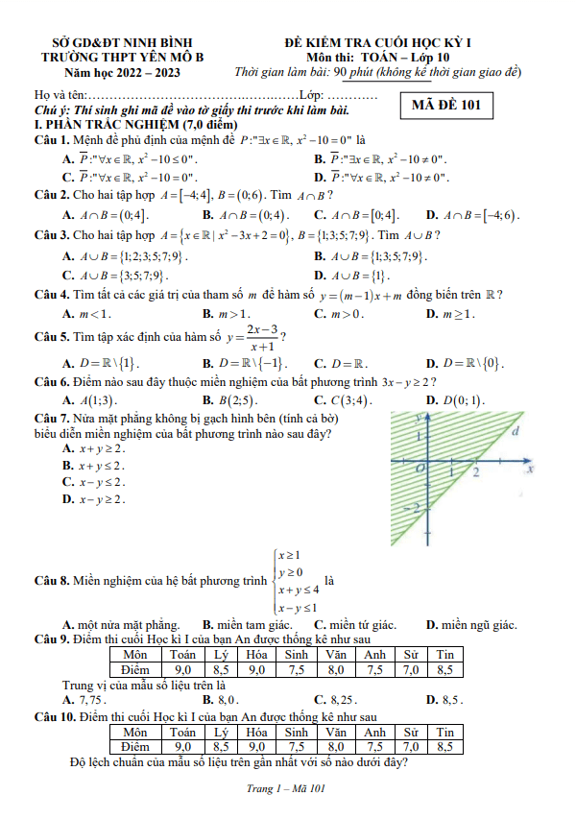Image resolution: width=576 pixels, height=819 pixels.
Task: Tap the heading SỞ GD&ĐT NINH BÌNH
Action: (122, 43)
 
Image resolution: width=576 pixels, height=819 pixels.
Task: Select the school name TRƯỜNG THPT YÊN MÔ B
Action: (122, 58)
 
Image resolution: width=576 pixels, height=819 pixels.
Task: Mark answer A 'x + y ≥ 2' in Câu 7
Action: (94, 448)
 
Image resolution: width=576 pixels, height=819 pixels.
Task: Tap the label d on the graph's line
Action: (516, 432)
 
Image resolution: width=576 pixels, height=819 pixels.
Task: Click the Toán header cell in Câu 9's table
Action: (182, 655)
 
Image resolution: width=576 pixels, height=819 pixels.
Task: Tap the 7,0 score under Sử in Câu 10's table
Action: (411, 746)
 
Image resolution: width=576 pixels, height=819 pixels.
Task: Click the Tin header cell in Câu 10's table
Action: (444, 732)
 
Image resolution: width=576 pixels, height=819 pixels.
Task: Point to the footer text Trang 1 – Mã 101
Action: (287, 789)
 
